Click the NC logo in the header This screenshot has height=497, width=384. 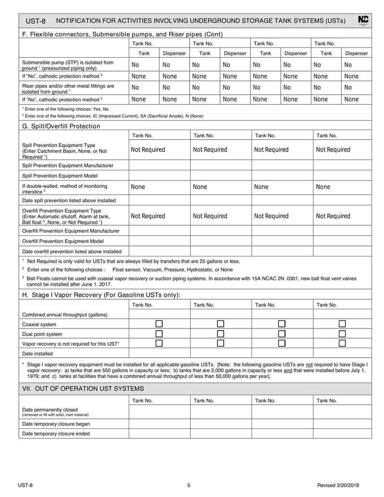click(363, 20)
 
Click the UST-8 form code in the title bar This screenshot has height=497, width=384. click(35, 21)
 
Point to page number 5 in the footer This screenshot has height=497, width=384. click(189, 485)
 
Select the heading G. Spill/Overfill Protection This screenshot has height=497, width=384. click(61, 126)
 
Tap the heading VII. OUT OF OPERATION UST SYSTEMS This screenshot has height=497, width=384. click(83, 388)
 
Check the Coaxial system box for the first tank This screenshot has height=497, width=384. click(159, 324)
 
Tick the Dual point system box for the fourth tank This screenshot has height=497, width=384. click(342, 334)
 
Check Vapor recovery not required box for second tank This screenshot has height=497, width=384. click(221, 343)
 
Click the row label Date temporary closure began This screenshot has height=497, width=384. click(56, 424)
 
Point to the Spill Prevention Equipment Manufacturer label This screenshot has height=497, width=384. click(68, 165)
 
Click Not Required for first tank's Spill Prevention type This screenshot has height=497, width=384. click(148, 150)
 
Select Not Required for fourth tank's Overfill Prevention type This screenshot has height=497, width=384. click(333, 216)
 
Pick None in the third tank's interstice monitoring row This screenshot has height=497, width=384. click(261, 187)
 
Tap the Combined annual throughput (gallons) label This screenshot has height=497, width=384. click(65, 315)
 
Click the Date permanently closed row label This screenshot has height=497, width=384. click(50, 410)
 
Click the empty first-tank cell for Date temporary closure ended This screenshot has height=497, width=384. click(159, 434)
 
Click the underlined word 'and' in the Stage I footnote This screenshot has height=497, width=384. click(288, 370)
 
